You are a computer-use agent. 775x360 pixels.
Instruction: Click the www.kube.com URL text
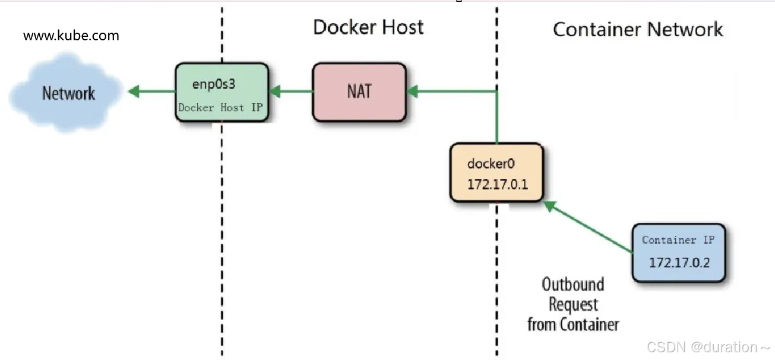pyautogui.click(x=71, y=36)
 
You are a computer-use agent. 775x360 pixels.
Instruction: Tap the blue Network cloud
pyautogui.click(x=66, y=92)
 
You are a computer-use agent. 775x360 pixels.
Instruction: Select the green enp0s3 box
pyautogui.click(x=222, y=92)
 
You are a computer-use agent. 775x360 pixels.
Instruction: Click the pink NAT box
pyautogui.click(x=359, y=92)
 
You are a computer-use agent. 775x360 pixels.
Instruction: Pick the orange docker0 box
pyautogui.click(x=497, y=172)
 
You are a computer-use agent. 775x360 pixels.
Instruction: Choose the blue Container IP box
pyautogui.click(x=679, y=252)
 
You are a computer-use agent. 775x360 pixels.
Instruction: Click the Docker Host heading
pyautogui.click(x=368, y=27)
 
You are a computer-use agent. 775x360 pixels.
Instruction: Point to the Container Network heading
pyautogui.click(x=638, y=29)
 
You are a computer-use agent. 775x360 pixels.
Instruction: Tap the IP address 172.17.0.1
pyautogui.click(x=498, y=185)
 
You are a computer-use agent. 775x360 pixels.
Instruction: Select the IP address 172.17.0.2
pyautogui.click(x=679, y=263)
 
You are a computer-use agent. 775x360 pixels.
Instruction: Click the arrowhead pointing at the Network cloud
pyautogui.click(x=134, y=91)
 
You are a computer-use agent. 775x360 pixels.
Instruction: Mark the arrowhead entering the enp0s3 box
pyautogui.click(x=275, y=91)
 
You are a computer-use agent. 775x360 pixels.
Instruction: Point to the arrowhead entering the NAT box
pyautogui.click(x=412, y=91)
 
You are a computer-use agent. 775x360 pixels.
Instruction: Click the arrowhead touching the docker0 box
pyautogui.click(x=550, y=206)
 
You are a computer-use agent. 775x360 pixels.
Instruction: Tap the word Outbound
pyautogui.click(x=573, y=285)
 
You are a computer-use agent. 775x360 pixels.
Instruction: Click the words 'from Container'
pyautogui.click(x=573, y=325)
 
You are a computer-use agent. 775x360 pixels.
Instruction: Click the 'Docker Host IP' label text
pyautogui.click(x=220, y=108)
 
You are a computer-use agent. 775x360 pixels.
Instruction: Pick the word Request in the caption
pyautogui.click(x=573, y=305)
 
